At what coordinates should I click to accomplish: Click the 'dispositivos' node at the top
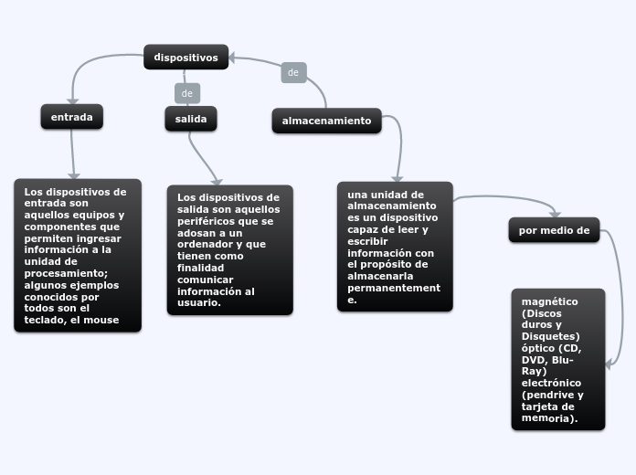pyautogui.click(x=185, y=58)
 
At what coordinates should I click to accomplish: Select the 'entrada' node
pyautogui.click(x=71, y=117)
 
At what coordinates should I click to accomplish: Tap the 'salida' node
pyautogui.click(x=191, y=119)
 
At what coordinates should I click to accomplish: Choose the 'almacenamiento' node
pyautogui.click(x=326, y=121)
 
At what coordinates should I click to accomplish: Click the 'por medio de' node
pyautogui.click(x=554, y=230)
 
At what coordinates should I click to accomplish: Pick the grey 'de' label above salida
pyautogui.click(x=187, y=93)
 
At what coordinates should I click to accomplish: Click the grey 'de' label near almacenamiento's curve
pyautogui.click(x=293, y=72)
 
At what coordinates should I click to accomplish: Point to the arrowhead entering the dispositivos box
pyautogui.click(x=234, y=58)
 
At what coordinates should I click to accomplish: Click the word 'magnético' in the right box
pyautogui.click(x=549, y=301)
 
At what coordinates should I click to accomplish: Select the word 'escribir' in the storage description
pyautogui.click(x=369, y=241)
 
